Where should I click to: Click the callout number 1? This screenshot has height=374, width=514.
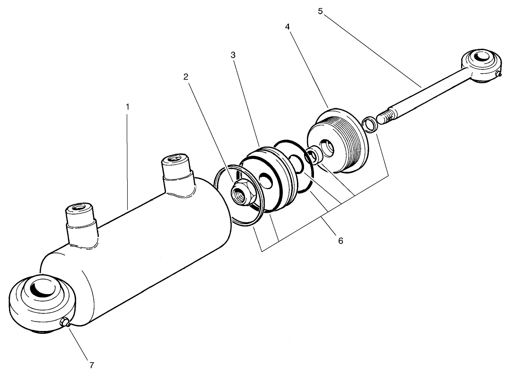pyautogui.click(x=127, y=107)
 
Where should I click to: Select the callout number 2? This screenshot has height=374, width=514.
pyautogui.click(x=186, y=77)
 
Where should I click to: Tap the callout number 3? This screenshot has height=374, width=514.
pyautogui.click(x=233, y=55)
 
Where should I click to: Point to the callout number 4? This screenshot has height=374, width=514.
pyautogui.click(x=287, y=26)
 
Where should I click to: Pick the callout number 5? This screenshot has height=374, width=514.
pyautogui.click(x=320, y=11)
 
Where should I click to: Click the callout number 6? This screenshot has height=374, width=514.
pyautogui.click(x=340, y=241)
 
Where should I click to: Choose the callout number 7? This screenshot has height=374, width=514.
pyautogui.click(x=92, y=365)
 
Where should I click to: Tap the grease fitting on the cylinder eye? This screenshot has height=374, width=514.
pyautogui.click(x=66, y=323)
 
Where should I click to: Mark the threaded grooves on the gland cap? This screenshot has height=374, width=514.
pyautogui.click(x=352, y=140)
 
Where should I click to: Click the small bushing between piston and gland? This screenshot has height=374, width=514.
pyautogui.click(x=314, y=156)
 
